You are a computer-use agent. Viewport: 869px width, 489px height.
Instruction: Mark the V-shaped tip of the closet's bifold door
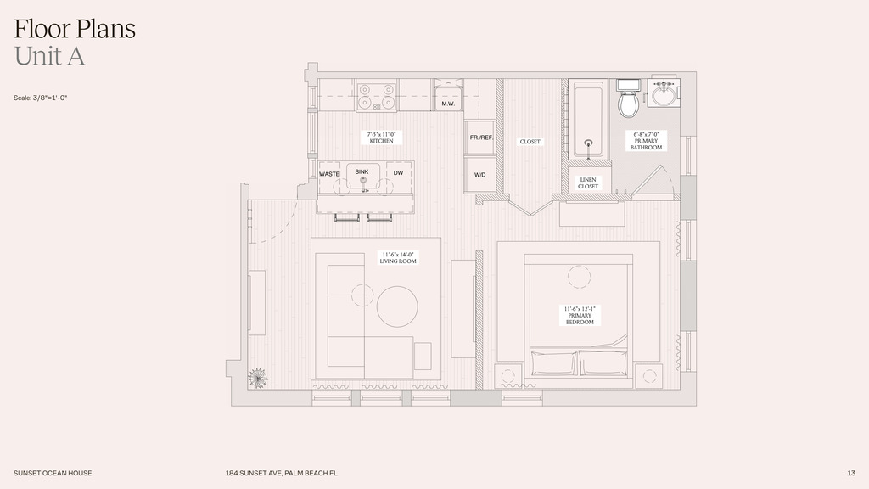tap(531, 215)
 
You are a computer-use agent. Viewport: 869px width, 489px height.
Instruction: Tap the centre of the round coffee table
tap(397, 306)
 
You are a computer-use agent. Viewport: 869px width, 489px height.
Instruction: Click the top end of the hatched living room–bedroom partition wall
tap(479, 251)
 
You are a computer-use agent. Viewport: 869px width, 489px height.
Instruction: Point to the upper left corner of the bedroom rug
tap(497, 242)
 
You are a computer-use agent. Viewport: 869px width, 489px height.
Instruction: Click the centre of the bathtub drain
tap(589, 143)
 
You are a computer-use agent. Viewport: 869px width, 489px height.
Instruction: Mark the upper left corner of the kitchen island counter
tap(317, 161)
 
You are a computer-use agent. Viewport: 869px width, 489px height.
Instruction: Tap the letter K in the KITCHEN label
tap(372, 142)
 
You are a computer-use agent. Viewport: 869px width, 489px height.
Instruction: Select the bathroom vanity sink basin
tap(663, 94)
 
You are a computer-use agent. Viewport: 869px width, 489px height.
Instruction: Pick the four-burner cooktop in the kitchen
tap(376, 97)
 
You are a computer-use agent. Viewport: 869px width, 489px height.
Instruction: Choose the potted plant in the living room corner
tap(258, 378)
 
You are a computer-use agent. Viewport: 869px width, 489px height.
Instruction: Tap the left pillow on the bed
tap(553, 363)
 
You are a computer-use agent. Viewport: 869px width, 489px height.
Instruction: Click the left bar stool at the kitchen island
tap(346, 217)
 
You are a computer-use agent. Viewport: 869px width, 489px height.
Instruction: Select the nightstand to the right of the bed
tap(648, 376)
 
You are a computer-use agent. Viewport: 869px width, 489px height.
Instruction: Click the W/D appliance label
tap(480, 175)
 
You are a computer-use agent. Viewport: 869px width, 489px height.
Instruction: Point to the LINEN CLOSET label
tap(588, 183)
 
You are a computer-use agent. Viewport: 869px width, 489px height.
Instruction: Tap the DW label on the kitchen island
tap(399, 173)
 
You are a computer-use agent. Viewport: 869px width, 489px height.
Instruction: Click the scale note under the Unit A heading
tap(41, 98)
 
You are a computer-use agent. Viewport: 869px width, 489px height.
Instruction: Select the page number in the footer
tap(851, 473)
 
